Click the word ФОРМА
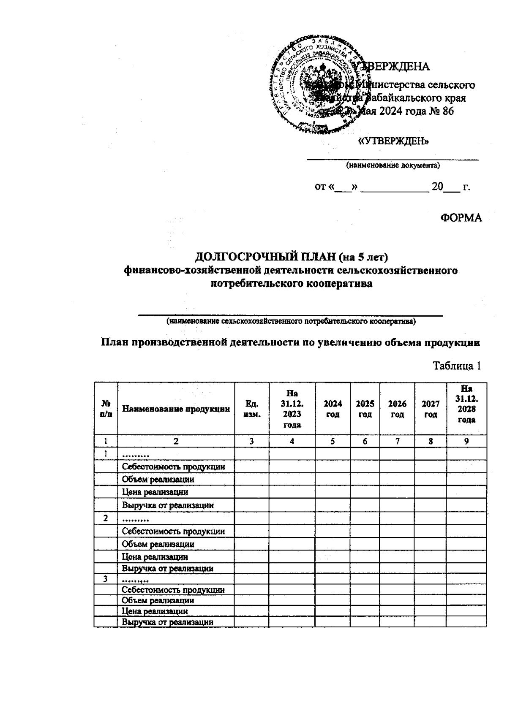click(461, 218)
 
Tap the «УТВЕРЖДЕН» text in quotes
click(393, 141)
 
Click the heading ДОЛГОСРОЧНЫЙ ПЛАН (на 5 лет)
click(291, 257)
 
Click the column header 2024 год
click(333, 409)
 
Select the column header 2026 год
click(397, 409)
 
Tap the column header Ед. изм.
click(252, 409)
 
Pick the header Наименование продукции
click(176, 409)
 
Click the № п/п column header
click(106, 409)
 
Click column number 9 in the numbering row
click(466, 442)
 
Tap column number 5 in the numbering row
click(333, 442)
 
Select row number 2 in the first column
click(106, 518)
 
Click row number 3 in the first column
click(106, 578)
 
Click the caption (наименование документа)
click(393, 165)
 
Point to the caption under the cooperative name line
click(291, 322)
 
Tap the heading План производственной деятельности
click(291, 343)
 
